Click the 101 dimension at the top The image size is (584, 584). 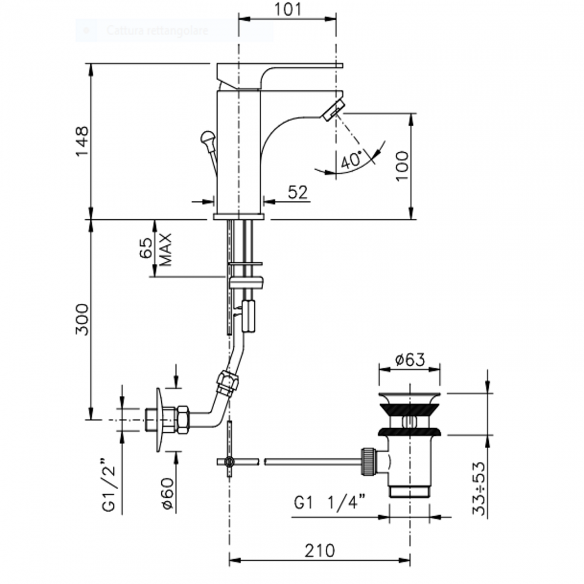click(x=287, y=9)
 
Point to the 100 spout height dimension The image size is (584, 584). click(x=402, y=166)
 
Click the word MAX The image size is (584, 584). click(x=166, y=249)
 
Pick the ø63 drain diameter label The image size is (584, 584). click(x=409, y=359)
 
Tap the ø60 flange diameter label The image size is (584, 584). click(x=167, y=493)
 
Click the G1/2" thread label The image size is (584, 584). click(x=109, y=485)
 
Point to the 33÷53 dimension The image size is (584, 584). click(x=479, y=489)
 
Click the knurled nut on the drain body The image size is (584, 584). click(x=367, y=461)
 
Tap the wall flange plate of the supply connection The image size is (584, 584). click(x=159, y=420)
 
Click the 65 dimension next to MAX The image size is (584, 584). click(x=146, y=248)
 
